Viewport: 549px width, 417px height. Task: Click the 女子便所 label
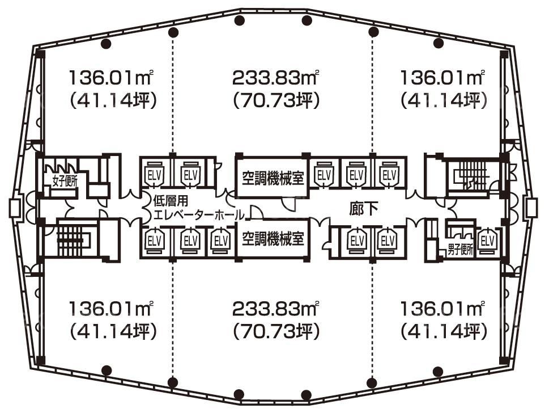click(x=65, y=182)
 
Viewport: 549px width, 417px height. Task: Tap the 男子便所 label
click(x=461, y=250)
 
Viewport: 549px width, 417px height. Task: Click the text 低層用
click(x=171, y=201)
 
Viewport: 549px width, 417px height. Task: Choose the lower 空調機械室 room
click(x=273, y=239)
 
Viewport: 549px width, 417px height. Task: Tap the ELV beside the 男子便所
click(x=488, y=241)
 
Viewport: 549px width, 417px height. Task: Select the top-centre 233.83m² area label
click(x=276, y=78)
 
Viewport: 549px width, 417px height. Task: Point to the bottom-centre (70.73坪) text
click(x=276, y=331)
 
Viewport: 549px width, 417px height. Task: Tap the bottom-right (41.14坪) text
click(x=444, y=331)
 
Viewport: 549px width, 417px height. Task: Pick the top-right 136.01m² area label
click(x=443, y=78)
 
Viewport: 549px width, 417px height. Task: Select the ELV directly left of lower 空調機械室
click(x=221, y=241)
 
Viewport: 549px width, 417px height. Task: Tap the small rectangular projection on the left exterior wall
click(x=15, y=208)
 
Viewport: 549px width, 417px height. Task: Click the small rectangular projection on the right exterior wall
click(x=530, y=208)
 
